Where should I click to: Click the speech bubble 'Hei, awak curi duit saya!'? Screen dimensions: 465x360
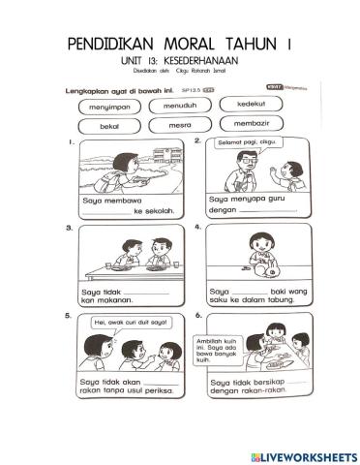tap(119, 323)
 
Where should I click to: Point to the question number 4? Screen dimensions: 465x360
tap(197, 229)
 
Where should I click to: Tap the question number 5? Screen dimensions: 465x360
tap(69, 315)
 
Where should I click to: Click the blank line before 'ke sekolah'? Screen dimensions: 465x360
tap(107, 212)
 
